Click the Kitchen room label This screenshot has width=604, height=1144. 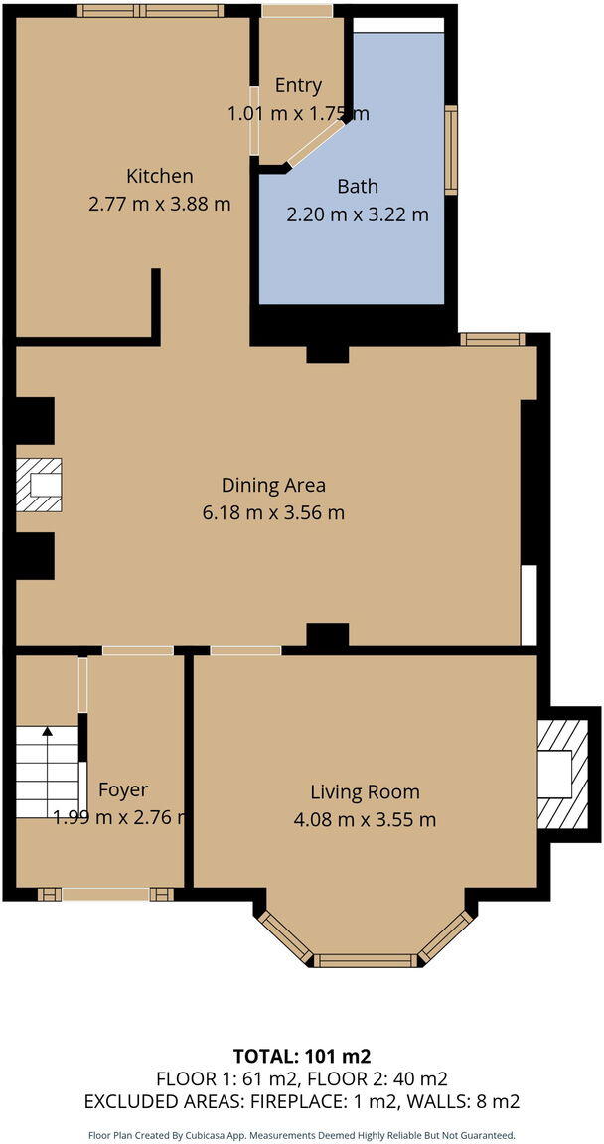159,176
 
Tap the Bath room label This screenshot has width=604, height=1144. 358,186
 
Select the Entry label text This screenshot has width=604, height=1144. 298,86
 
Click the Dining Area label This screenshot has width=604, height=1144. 273,485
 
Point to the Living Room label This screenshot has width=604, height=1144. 365,791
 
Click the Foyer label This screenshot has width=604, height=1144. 123,789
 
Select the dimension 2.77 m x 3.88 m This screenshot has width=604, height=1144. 159,205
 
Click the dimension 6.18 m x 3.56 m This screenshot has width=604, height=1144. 273,513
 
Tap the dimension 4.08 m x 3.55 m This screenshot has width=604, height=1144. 365,820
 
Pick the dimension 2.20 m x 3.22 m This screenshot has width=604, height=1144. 358,214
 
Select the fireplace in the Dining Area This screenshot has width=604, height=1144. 40,485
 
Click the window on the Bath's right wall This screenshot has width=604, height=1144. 451,149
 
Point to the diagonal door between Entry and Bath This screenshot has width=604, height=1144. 316,144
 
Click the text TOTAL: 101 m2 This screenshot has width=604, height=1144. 301,1056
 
